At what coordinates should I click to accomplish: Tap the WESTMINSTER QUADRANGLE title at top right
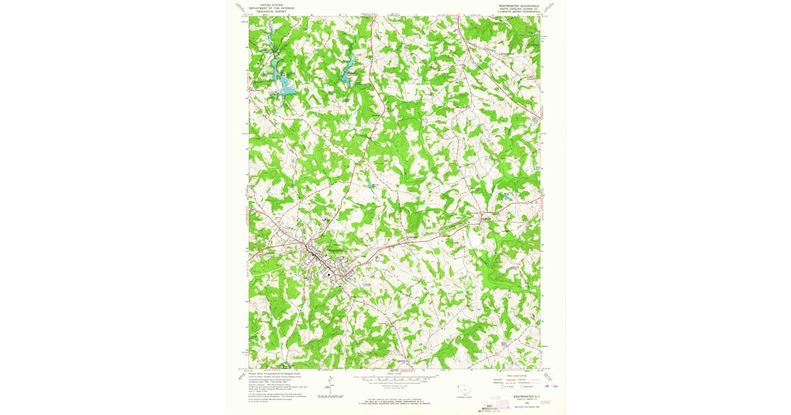pos(519,4)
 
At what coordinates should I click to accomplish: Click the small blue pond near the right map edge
pos(506,196)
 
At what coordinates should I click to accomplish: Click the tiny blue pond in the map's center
pos(373,186)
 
